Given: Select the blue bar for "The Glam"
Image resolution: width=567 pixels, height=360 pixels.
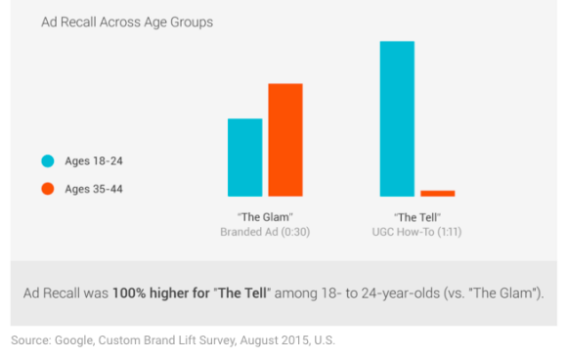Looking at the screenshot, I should tap(244, 157).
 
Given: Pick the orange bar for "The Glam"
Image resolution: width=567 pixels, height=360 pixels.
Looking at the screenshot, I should tap(285, 140).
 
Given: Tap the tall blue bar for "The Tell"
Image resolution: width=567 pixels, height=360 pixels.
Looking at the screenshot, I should tap(397, 118).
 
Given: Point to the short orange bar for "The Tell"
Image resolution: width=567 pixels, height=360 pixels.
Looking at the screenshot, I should tap(437, 193).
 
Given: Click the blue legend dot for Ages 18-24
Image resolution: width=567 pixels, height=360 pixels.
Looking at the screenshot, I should tap(46, 160).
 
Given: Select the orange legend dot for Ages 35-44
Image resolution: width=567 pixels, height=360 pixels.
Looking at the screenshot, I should tap(46, 189).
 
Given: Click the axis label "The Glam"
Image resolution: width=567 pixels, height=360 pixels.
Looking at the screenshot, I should tap(265, 216).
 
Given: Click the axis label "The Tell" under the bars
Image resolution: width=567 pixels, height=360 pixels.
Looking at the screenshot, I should tap(417, 216).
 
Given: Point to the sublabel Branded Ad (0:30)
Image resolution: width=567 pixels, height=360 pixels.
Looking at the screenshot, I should tap(265, 232).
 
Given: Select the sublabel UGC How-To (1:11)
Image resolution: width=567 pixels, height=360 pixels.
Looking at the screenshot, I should tap(417, 232).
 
